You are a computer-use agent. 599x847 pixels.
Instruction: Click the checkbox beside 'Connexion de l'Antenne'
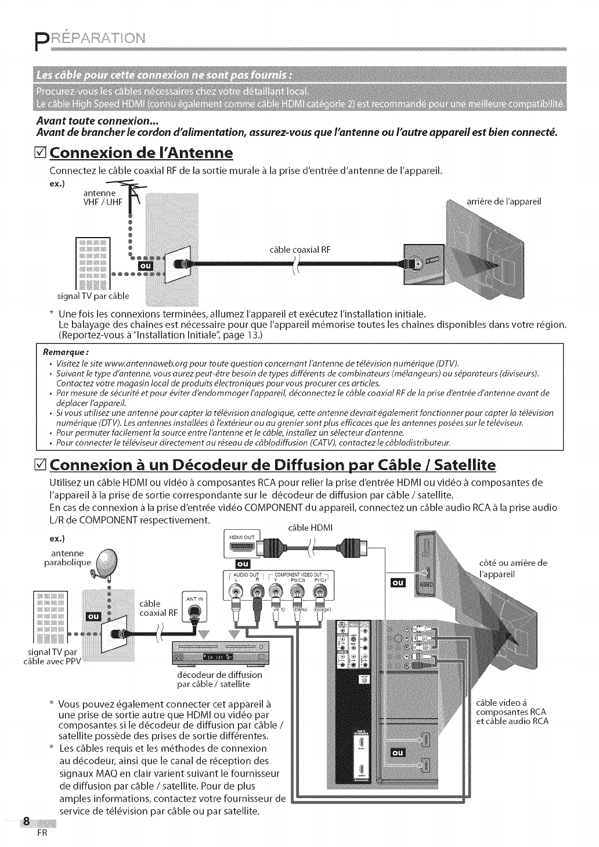[x=42, y=154]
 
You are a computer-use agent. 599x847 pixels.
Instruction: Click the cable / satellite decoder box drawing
[x=217, y=656]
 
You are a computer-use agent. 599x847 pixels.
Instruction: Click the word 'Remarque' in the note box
[x=69, y=351]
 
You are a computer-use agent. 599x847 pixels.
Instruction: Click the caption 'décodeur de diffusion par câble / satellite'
[x=219, y=679]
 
